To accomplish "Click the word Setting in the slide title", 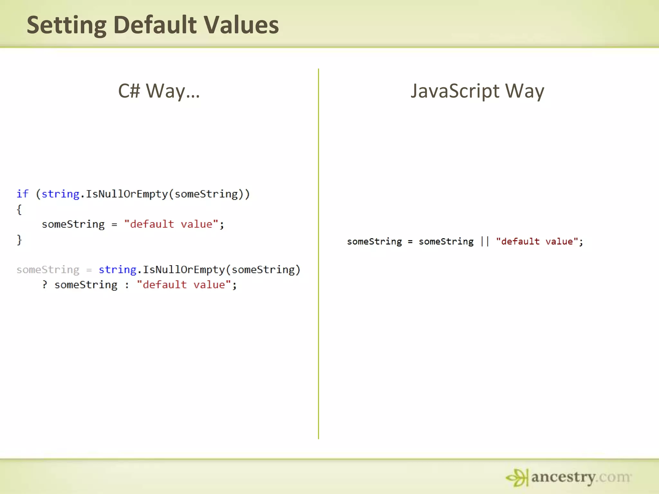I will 66,26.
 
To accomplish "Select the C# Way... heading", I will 159,91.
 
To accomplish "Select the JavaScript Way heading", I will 477,91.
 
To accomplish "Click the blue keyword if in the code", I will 23,194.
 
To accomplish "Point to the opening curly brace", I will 19,209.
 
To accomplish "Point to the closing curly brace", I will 19,240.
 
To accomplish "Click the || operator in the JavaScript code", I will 485,241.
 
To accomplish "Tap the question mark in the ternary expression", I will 45,285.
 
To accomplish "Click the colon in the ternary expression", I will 127,285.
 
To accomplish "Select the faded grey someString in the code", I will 48,270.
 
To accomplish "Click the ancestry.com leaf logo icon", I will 517,477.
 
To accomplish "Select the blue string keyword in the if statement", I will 60,194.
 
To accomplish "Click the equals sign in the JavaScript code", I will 410,242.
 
